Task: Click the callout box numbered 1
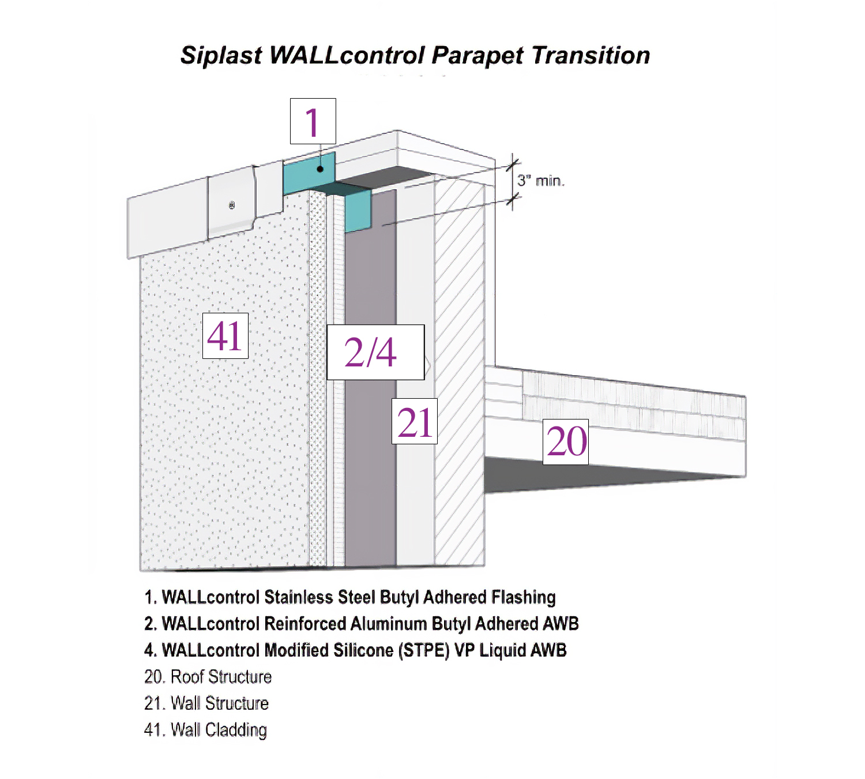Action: (x=313, y=121)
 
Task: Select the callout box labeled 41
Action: (x=225, y=336)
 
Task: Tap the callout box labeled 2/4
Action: (x=375, y=352)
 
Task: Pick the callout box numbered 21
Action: (x=414, y=421)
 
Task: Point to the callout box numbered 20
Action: (x=565, y=442)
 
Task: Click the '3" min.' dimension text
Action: (x=540, y=181)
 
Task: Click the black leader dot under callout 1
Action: (x=320, y=169)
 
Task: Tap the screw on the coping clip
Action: (x=232, y=205)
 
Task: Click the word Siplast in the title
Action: (x=221, y=55)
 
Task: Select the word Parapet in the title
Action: (x=478, y=55)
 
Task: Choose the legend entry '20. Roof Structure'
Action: (x=208, y=677)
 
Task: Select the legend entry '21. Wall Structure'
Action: (x=206, y=703)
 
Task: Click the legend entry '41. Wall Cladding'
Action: (x=205, y=730)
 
